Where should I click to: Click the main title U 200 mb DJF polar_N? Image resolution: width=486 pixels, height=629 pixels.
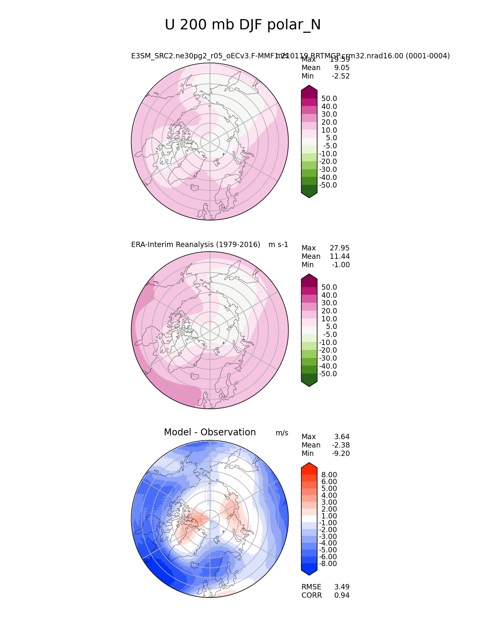tap(242, 25)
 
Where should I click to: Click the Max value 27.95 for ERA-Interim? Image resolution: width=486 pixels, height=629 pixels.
tap(340, 248)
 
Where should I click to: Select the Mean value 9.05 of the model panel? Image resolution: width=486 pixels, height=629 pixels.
tap(342, 68)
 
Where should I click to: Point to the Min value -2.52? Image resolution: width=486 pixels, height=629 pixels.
tap(341, 76)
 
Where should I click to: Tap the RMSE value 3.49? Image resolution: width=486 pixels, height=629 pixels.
tap(342, 587)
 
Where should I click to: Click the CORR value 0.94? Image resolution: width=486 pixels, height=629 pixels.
tap(342, 595)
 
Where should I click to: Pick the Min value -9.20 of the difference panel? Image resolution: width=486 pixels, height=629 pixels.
tap(341, 454)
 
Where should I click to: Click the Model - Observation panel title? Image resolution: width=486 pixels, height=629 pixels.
tap(210, 432)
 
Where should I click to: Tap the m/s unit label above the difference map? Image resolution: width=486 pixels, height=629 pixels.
tap(282, 433)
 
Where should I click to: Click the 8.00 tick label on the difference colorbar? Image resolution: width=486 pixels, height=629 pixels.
tap(329, 475)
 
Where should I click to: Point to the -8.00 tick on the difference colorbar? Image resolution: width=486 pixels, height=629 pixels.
tap(328, 564)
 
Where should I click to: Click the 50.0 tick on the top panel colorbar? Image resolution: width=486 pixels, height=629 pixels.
tap(329, 99)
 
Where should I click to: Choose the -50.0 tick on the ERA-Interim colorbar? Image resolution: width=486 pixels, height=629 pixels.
tap(328, 374)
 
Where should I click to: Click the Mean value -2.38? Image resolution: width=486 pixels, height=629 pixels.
tap(341, 445)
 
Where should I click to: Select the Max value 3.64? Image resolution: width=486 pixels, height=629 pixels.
tap(342, 437)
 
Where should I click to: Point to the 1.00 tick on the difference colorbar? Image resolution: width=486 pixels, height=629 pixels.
tap(329, 516)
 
